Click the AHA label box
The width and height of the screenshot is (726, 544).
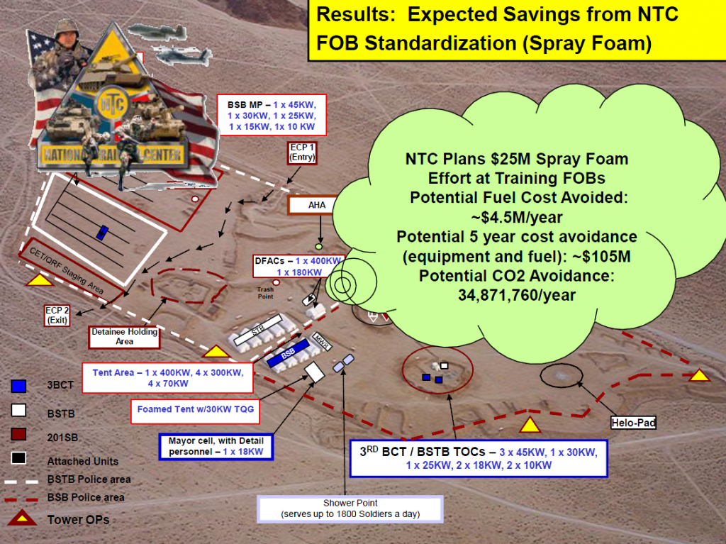pos(315,206)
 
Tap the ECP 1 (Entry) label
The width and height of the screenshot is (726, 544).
pos(301,152)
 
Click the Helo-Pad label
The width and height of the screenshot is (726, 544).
pos(633,423)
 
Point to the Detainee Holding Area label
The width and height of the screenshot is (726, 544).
pos(124,336)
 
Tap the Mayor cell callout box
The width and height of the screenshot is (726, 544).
pos(214,445)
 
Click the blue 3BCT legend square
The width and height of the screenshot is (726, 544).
pos(19,386)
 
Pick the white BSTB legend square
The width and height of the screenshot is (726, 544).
pos(19,410)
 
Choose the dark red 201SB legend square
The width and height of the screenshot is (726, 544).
pos(19,434)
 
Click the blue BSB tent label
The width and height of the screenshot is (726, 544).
pos(288,353)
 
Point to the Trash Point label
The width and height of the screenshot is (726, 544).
pos(265,293)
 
